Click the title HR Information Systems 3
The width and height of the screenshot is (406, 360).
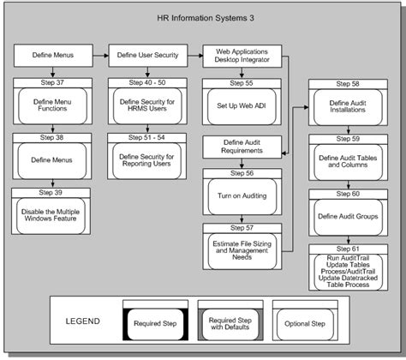[x=206, y=18]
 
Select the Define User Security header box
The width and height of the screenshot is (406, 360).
[x=148, y=56]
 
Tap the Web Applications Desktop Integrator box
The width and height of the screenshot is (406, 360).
[x=242, y=56]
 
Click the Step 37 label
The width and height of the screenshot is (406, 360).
[x=52, y=82]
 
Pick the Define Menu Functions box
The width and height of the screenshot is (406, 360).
[x=52, y=105]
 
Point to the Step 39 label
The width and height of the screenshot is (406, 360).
[x=51, y=193]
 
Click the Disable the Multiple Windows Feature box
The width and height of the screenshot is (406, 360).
[x=51, y=216]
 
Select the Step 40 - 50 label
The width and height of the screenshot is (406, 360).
[x=147, y=82]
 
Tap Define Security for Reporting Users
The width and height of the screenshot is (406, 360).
[x=146, y=160]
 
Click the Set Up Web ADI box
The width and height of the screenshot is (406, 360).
[x=242, y=106]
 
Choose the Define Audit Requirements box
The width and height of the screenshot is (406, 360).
[x=242, y=147]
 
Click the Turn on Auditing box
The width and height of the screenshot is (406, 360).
[x=242, y=196]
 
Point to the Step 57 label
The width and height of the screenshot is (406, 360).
[x=242, y=228]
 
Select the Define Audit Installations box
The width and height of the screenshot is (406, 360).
[x=348, y=107]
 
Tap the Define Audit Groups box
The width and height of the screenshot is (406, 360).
[x=348, y=217]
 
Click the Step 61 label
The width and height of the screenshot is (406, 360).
[x=348, y=249]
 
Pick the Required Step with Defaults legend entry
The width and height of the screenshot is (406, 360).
[x=230, y=324]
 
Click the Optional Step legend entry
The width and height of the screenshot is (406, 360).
[x=305, y=324]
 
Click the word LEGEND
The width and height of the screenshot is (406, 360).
[x=83, y=321]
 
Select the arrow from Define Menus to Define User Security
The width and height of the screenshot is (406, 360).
[x=101, y=56]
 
